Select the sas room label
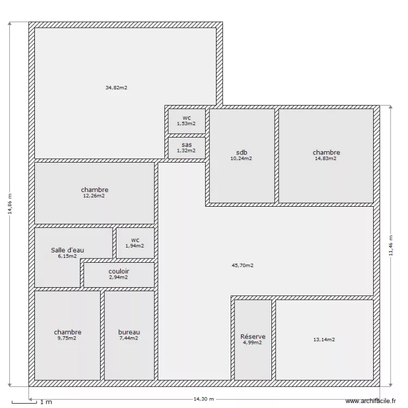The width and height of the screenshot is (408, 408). point(187,145)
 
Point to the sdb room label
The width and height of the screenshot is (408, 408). point(242,152)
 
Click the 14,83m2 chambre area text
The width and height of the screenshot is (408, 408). point(326,158)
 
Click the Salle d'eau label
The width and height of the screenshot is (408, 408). point(67,250)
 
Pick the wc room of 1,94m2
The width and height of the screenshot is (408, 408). point(135,243)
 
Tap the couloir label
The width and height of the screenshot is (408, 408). point(119,271)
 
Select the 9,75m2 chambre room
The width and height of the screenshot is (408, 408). point(67,335)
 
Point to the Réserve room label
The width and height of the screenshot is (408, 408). point(253,337)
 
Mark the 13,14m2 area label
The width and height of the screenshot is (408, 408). point(324,339)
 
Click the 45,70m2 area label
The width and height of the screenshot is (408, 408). point(243,265)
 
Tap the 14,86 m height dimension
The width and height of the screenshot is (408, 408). point(9,205)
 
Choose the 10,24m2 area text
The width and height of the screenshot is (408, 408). point(242,159)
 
